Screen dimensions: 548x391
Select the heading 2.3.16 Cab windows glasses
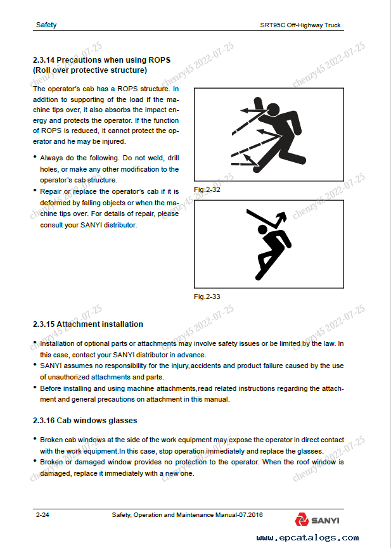[85, 420]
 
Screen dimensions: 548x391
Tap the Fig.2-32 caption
[207, 189]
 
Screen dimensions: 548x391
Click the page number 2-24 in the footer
[42, 516]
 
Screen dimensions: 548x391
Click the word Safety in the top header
[46, 25]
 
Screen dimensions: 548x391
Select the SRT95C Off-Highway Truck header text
[300, 25]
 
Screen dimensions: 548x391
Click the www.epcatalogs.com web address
[309, 538]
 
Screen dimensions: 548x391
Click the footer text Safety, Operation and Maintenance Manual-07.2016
[186, 516]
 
